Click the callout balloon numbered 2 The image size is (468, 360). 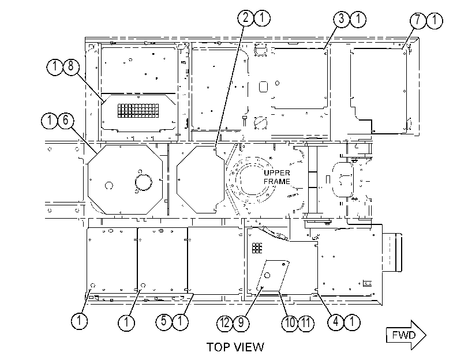[x=245, y=18]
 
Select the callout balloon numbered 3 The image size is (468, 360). [x=342, y=19]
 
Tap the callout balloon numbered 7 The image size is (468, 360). [x=418, y=21]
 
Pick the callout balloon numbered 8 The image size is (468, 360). [x=71, y=67]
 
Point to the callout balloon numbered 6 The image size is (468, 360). [x=65, y=121]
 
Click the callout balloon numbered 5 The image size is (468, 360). [x=164, y=322]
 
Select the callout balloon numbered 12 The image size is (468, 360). [x=224, y=323]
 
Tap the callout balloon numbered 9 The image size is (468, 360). [x=241, y=323]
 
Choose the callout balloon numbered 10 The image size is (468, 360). [x=290, y=323]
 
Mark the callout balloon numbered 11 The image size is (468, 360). [x=306, y=323]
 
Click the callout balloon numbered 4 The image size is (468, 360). [x=336, y=322]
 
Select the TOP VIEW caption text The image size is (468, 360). [x=235, y=347]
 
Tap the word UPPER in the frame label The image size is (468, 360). [x=277, y=173]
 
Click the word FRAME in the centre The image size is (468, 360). [x=277, y=182]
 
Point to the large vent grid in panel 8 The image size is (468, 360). [x=137, y=110]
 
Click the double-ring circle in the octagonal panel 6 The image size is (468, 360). [x=144, y=182]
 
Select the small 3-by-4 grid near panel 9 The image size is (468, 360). [x=257, y=247]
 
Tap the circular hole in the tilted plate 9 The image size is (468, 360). [x=267, y=275]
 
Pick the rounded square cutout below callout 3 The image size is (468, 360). [x=264, y=87]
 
